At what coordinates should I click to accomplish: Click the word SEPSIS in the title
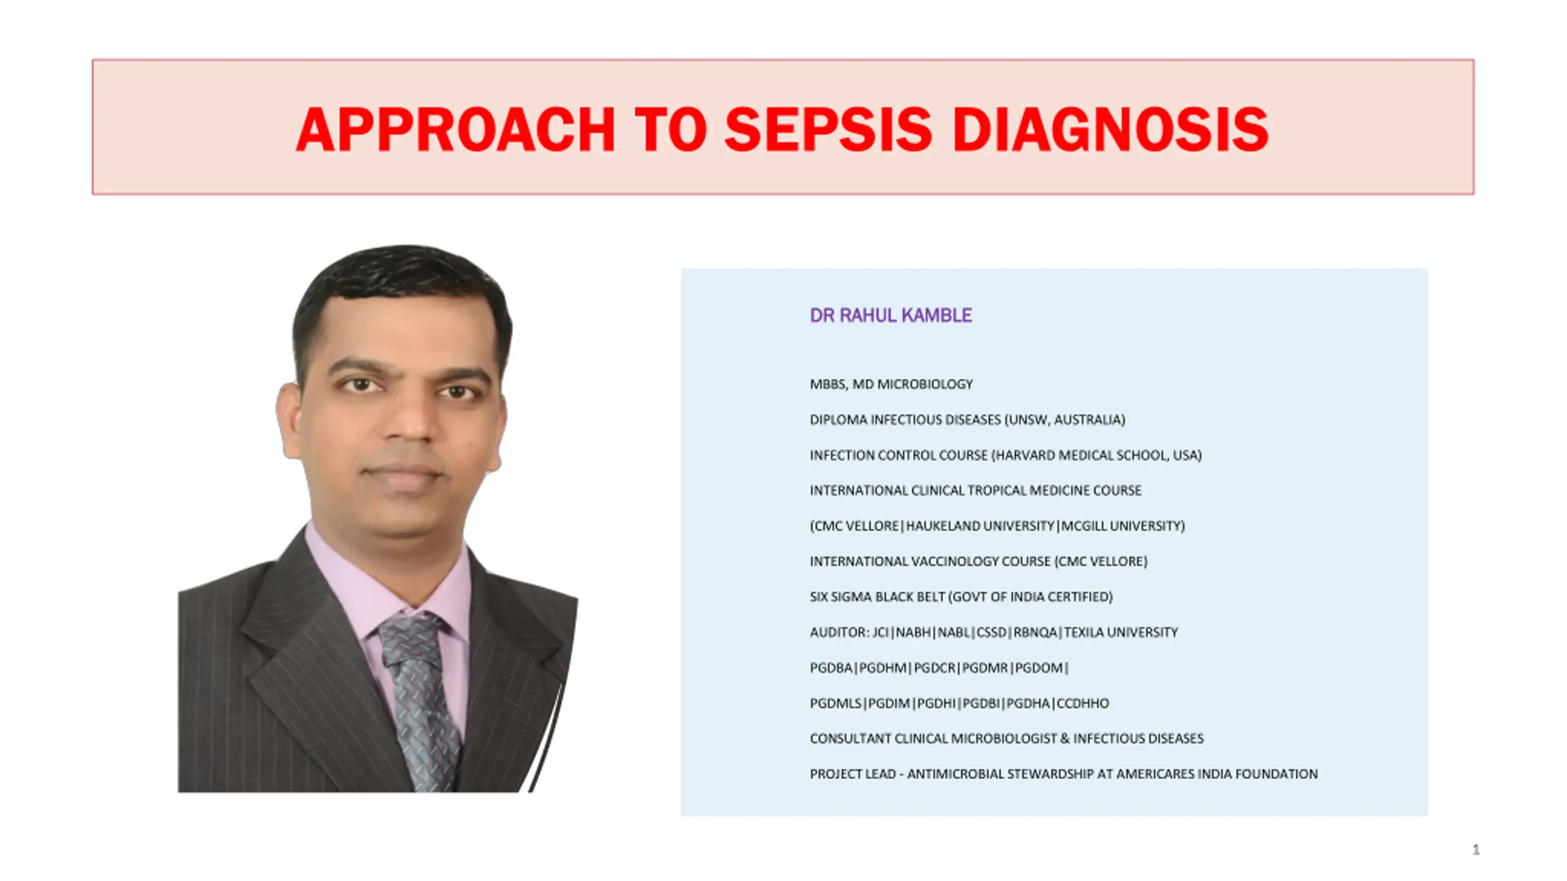pos(829,130)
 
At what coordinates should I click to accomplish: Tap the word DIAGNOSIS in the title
pos(1110,130)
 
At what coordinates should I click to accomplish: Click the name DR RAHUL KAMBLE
pos(891,315)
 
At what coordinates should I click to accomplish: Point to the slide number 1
pos(1476,849)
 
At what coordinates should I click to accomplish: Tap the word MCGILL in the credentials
pos(1083,526)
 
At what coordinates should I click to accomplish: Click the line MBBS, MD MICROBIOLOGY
pos(891,384)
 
